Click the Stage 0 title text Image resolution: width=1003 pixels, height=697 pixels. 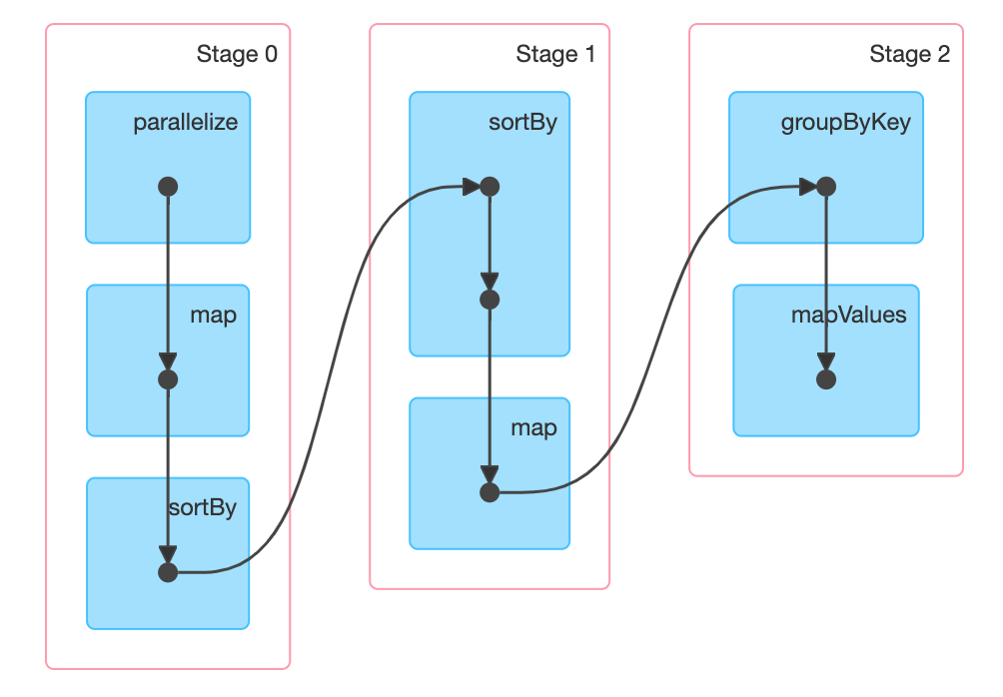click(237, 54)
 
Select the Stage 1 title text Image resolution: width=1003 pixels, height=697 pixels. click(555, 54)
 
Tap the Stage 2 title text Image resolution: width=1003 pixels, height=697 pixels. click(909, 54)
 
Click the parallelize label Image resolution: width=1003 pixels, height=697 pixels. click(186, 122)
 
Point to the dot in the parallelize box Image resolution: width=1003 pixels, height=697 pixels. click(168, 187)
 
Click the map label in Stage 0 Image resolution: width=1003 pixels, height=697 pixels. click(213, 316)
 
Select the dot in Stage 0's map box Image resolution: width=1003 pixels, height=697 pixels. click(168, 379)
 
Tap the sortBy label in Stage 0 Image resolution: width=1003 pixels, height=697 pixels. click(202, 507)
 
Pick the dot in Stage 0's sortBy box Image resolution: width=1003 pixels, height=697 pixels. click(168, 572)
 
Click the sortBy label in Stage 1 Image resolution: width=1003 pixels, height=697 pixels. click(522, 122)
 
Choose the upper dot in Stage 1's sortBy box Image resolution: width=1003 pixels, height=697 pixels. click(490, 187)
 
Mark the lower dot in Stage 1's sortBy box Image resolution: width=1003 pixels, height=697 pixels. click(490, 300)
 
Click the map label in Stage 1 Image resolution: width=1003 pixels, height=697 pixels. click(533, 427)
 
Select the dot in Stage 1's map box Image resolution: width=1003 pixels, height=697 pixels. click(490, 492)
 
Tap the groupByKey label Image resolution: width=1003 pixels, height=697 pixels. click(845, 122)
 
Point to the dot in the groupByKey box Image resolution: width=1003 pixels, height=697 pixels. click(826, 187)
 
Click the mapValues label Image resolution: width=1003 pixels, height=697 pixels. click(849, 315)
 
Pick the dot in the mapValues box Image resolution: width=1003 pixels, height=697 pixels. click(826, 379)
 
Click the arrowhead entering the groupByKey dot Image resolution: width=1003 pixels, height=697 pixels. click(808, 187)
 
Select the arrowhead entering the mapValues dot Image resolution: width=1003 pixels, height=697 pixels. click(826, 361)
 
